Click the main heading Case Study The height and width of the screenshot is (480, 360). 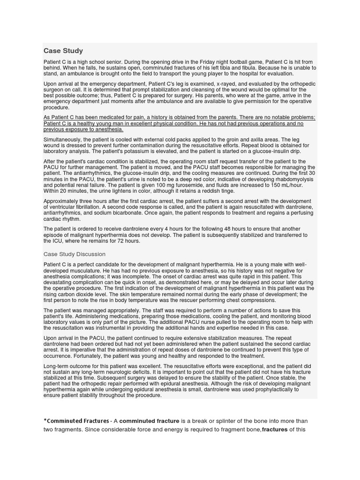63,51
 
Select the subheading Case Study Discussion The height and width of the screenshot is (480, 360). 75,254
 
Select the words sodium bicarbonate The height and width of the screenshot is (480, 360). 127,213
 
